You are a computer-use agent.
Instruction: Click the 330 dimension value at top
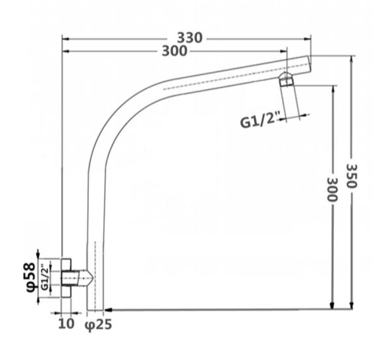click(x=190, y=38)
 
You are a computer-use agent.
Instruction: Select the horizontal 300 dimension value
click(x=174, y=51)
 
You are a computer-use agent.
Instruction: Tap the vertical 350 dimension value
click(x=352, y=176)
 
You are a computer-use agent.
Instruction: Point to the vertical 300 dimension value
click(x=332, y=189)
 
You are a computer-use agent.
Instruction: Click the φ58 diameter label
click(x=31, y=277)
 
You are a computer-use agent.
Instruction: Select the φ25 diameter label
click(x=98, y=324)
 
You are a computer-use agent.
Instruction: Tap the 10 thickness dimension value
click(x=66, y=324)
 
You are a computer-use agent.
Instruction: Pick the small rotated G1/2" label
click(x=45, y=277)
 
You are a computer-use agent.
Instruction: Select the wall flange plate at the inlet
click(x=66, y=278)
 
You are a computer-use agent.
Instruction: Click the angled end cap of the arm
click(x=309, y=64)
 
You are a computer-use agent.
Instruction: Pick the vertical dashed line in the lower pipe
click(x=95, y=274)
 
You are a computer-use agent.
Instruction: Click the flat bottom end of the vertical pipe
click(x=95, y=309)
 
